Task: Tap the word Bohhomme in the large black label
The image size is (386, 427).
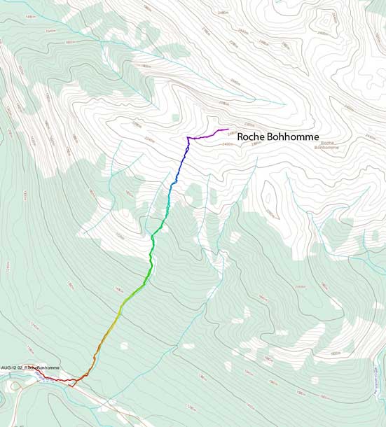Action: pos(294,137)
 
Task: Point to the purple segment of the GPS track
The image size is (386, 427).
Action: pos(207,135)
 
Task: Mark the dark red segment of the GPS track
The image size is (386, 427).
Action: pos(56,380)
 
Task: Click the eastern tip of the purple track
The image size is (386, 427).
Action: pos(228,129)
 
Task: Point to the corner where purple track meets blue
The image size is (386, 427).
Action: pos(188,139)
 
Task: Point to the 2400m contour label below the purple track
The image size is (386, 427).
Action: pos(226,144)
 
